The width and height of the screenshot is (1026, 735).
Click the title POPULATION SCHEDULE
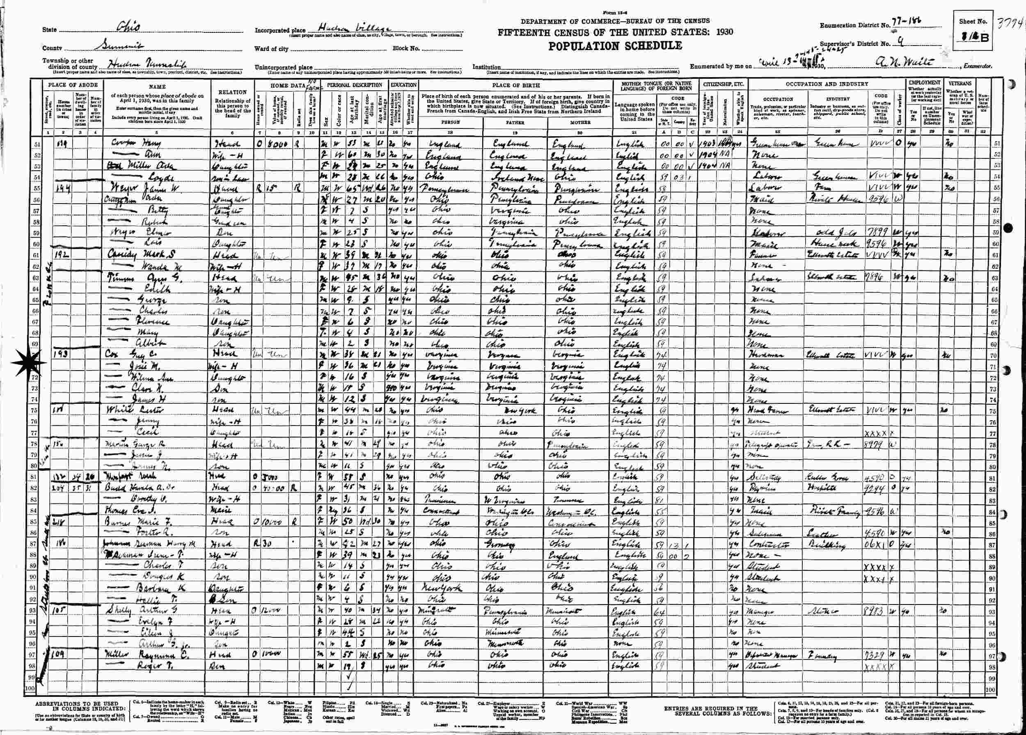(x=615, y=46)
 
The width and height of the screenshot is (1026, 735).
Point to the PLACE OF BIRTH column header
(x=515, y=85)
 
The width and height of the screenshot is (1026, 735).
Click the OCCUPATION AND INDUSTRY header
(x=827, y=84)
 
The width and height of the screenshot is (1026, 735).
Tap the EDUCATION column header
(x=403, y=85)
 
